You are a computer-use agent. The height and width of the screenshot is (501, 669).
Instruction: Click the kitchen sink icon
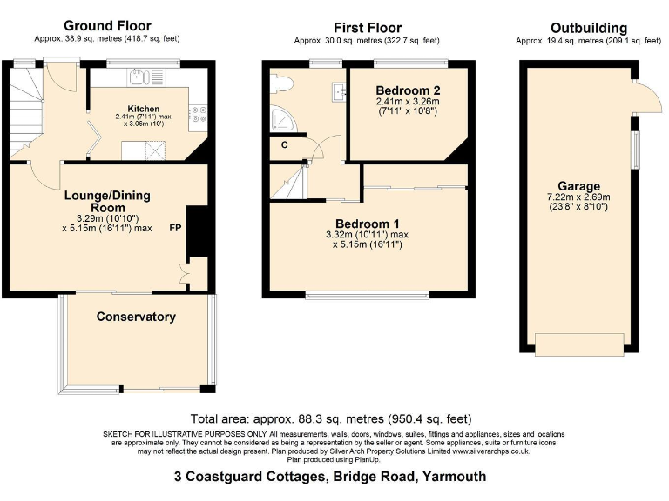[139, 78]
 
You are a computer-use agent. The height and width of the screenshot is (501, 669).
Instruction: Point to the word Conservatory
[136, 317]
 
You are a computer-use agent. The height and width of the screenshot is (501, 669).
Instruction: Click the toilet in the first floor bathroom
[280, 83]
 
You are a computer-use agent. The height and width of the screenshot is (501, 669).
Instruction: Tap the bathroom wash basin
[336, 91]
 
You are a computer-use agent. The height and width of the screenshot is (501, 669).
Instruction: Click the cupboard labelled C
[284, 145]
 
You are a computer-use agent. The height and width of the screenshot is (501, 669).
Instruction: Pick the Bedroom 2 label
[407, 90]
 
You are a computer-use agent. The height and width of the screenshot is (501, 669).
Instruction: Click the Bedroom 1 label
[367, 223]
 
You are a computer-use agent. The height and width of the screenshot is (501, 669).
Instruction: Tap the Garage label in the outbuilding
[578, 186]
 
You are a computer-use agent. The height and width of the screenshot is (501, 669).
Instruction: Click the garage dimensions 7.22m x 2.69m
[578, 198]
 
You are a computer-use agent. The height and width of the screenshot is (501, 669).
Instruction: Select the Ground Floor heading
[107, 26]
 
